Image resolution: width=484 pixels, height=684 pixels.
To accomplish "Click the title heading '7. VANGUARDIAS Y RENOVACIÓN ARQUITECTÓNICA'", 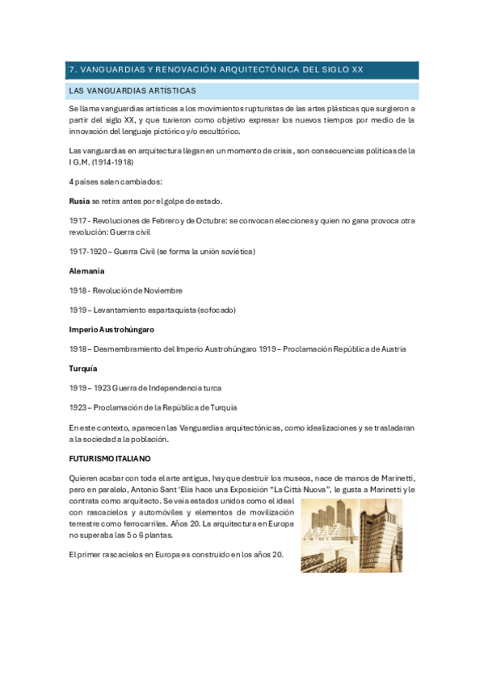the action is click(216, 69).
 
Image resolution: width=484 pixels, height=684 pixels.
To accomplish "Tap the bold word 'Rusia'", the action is click(79, 201).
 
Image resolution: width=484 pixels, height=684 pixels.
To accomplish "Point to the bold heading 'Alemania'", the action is click(86, 271).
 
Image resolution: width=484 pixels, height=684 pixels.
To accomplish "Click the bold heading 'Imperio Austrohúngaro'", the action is click(112, 329).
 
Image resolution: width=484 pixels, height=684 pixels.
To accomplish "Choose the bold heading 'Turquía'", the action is click(84, 368).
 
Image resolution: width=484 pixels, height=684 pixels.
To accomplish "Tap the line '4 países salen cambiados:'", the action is click(116, 181).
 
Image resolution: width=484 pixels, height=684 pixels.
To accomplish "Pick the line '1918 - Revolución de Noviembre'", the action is click(126, 290).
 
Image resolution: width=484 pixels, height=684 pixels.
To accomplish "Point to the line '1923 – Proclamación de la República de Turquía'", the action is click(154, 407).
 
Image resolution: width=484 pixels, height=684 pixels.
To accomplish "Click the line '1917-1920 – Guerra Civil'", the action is click(162, 252).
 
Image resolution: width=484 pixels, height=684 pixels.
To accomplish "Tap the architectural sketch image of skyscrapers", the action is click(351, 535).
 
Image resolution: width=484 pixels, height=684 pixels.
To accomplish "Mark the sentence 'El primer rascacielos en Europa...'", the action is click(176, 554).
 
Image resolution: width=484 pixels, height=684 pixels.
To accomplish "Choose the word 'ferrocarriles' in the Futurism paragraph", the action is click(122, 523).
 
